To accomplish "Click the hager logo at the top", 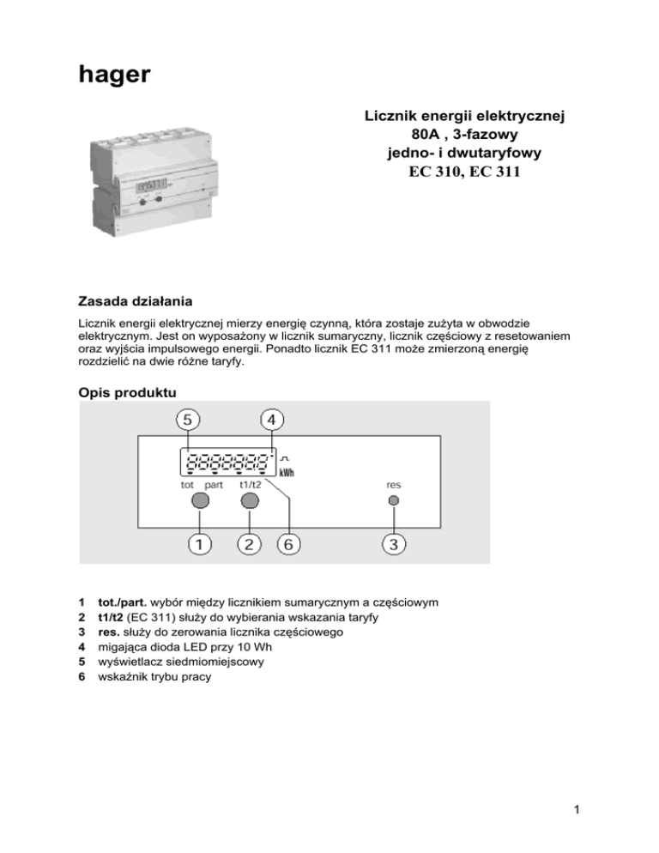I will (114, 76).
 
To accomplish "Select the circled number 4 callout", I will (272, 420).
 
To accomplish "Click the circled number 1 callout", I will (199, 544).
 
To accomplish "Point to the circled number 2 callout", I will (249, 544).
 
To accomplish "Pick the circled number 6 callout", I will (290, 544).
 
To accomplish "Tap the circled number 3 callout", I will (393, 544).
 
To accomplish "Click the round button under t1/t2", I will (250, 500).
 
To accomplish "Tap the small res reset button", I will (394, 500).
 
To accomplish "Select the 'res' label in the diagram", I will (394, 484).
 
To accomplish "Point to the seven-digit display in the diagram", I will (227, 462).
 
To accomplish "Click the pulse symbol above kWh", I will (284, 456).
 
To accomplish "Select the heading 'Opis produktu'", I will (127, 391).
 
